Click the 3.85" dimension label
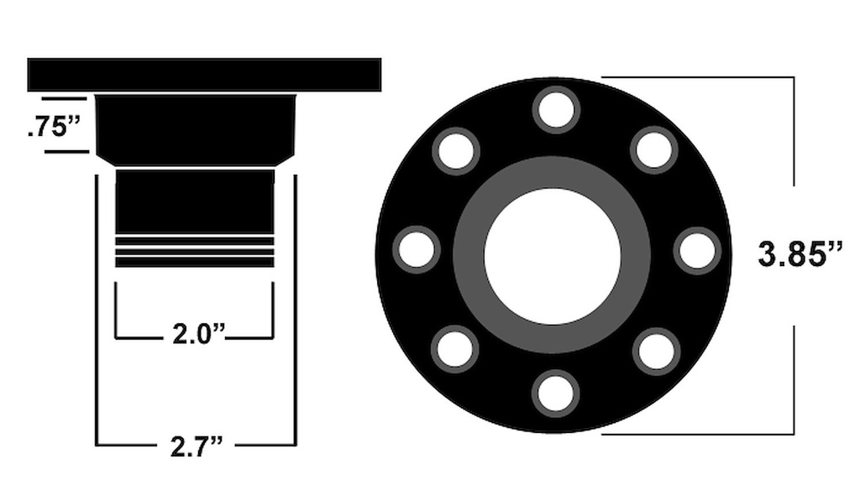[x=800, y=255]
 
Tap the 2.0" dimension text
[x=199, y=334]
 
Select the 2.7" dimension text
[x=197, y=446]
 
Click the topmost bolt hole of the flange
[x=556, y=110]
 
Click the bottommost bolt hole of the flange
[x=556, y=393]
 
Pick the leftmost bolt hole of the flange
[x=417, y=250]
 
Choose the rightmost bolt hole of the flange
[x=697, y=251]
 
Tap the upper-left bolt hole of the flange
[x=456, y=151]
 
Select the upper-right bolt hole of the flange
[x=654, y=150]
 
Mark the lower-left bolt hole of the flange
[x=455, y=349]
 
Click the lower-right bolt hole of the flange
[x=656, y=352]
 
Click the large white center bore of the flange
[x=552, y=255]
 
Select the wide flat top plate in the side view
[x=204, y=75]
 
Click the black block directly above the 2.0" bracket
[x=195, y=201]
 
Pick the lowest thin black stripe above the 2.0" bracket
[x=195, y=262]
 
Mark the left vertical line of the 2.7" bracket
[x=97, y=311]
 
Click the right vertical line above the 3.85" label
[x=794, y=130]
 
